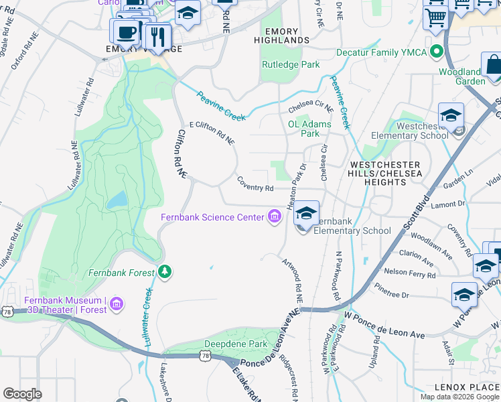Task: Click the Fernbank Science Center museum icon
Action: point(274,216)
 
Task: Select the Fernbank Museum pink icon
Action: point(117,305)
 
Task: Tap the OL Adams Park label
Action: point(309,129)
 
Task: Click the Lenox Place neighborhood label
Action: point(467,387)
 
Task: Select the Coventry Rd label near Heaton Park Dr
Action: point(255,184)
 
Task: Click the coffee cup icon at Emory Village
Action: point(125,31)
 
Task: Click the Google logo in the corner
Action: point(22,393)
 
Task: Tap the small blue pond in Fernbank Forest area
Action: point(117,199)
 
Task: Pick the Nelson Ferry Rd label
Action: point(409,273)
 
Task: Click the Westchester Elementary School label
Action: point(422,131)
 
